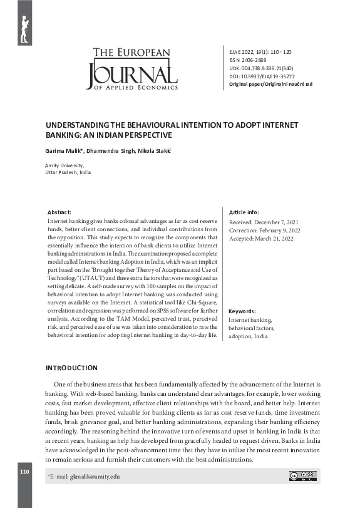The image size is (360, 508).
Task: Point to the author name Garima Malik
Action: [x=64, y=152]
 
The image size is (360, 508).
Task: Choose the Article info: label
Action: [x=244, y=213]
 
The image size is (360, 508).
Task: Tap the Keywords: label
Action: [x=242, y=311]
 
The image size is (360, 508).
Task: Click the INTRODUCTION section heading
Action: [x=71, y=368]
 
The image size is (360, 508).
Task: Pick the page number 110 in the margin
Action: [x=24, y=471]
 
